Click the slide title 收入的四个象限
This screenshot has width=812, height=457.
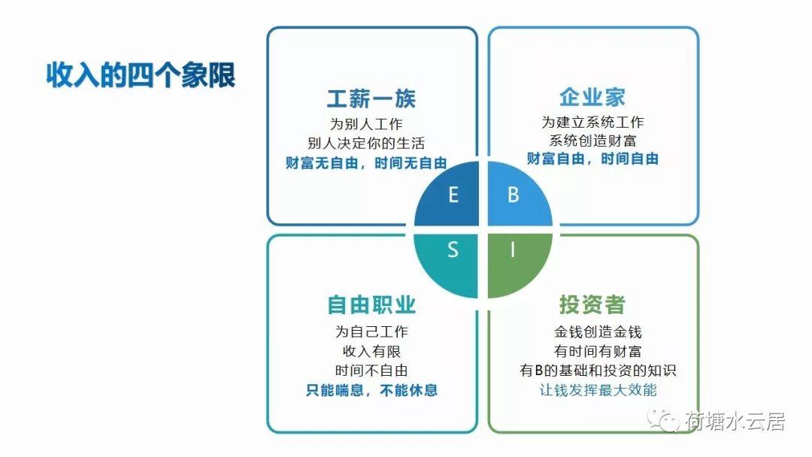[141, 75]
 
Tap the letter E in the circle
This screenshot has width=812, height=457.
[453, 195]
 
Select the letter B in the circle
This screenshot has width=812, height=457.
[514, 195]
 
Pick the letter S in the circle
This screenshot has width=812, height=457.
[453, 250]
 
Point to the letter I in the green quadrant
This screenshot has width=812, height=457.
[513, 250]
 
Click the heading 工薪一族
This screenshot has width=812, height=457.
[371, 98]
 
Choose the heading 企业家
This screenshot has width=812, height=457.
[592, 97]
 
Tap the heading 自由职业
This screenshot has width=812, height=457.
[371, 305]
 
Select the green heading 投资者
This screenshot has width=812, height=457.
[592, 304]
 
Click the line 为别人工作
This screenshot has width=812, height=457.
[366, 124]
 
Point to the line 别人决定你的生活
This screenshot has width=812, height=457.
[366, 144]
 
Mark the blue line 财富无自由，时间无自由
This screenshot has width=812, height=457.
[366, 163]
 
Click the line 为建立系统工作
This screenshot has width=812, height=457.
[592, 123]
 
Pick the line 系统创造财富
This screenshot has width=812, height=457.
[592, 141]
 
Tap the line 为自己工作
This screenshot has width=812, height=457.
[371, 331]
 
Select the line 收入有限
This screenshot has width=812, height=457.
[371, 352]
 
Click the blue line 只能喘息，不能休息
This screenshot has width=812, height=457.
[371, 389]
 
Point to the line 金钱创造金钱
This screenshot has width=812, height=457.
[598, 331]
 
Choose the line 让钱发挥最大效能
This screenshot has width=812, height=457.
[598, 389]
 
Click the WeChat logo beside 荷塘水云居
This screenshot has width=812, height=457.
[663, 419]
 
